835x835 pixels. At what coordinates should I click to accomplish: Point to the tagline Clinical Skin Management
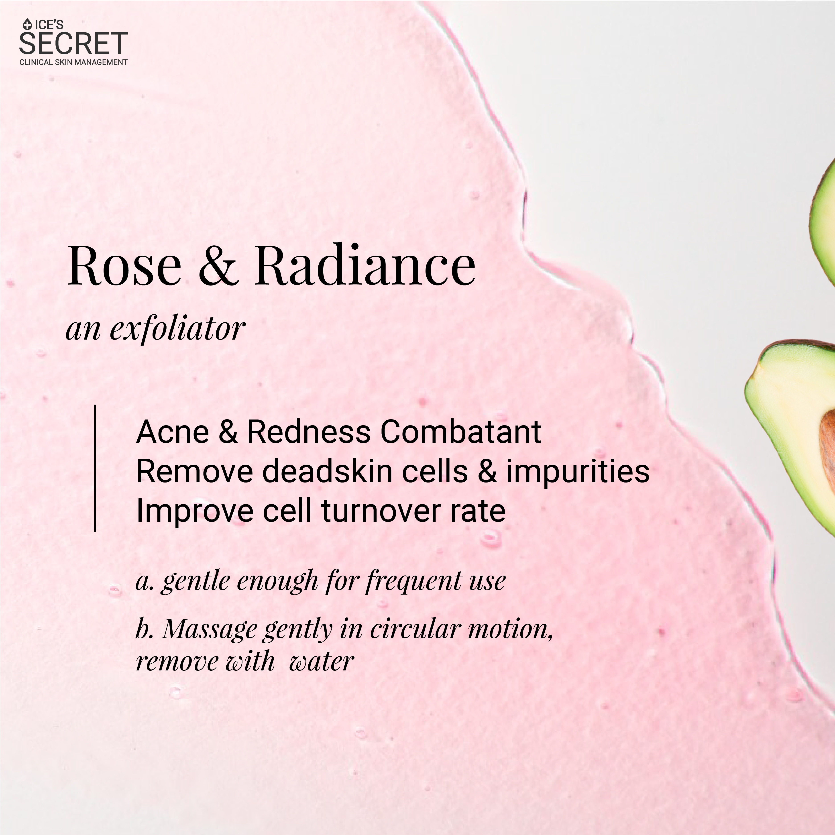click(73, 62)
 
